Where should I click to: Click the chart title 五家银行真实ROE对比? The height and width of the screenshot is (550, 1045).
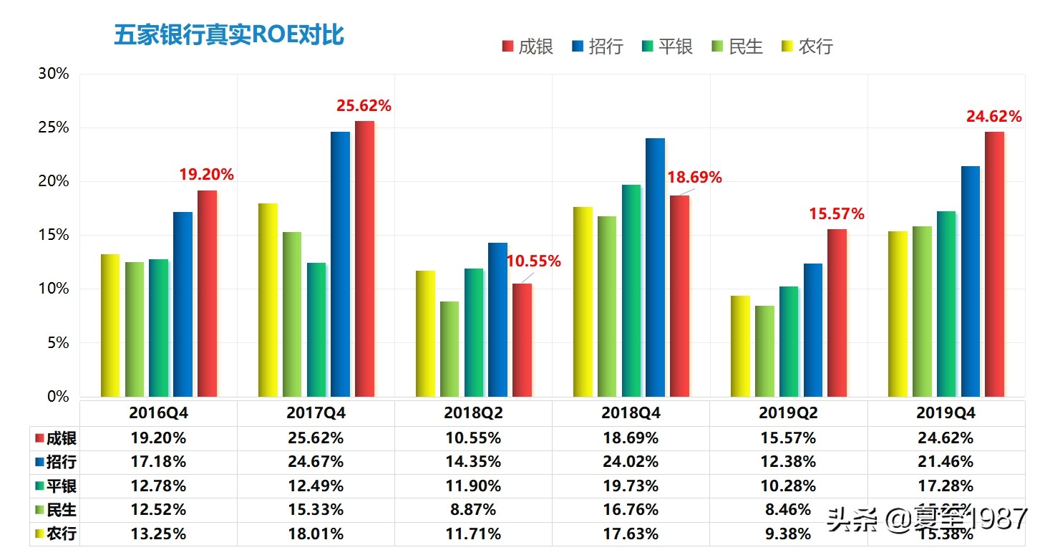[229, 35]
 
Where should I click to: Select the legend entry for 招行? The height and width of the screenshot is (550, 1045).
[597, 47]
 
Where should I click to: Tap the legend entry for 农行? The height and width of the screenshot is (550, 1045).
[807, 47]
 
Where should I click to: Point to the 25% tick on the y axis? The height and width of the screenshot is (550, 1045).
[54, 128]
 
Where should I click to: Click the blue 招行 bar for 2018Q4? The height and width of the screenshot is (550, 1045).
[655, 268]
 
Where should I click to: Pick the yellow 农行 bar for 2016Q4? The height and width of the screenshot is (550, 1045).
[110, 326]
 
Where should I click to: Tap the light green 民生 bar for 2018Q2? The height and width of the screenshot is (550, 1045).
[449, 349]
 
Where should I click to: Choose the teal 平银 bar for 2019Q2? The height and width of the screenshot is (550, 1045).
[789, 342]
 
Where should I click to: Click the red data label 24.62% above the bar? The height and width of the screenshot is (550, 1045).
[993, 116]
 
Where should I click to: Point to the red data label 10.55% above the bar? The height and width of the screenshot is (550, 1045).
[533, 262]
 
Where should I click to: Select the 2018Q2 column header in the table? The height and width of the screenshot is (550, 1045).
[472, 414]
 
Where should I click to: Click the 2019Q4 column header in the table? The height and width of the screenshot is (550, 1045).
[946, 414]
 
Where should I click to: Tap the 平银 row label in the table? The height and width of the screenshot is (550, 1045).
[56, 486]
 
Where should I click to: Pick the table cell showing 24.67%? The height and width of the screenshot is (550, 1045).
[315, 462]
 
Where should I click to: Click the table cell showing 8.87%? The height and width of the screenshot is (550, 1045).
[472, 510]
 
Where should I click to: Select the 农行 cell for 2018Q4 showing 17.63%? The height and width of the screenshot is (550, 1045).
[630, 534]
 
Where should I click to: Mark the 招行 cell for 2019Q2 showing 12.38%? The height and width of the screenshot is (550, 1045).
[787, 462]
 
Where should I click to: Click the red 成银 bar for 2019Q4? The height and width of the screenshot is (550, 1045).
[994, 264]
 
